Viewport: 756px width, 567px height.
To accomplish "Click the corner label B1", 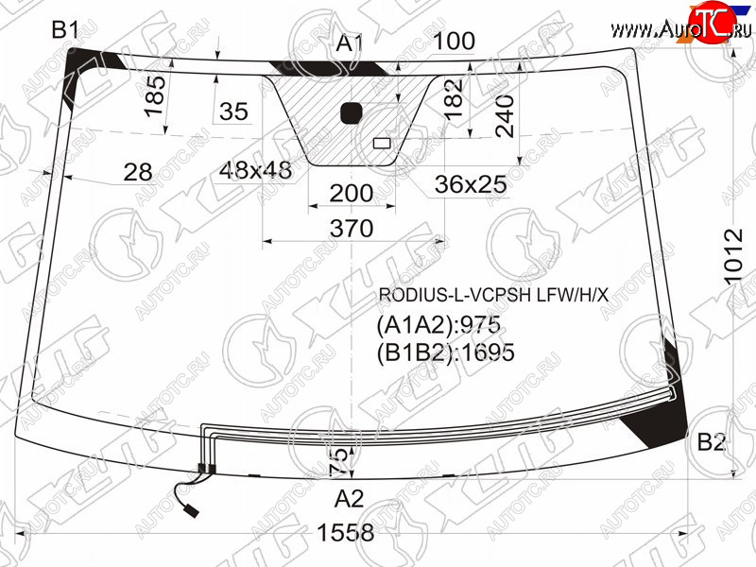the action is coord(65,30).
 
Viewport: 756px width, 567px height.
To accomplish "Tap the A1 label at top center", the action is coord(350,43).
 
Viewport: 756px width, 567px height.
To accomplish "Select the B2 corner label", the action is coord(712,441).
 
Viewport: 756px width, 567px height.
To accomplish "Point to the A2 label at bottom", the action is coord(350,499).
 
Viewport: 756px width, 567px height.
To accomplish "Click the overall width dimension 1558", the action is coord(345,533).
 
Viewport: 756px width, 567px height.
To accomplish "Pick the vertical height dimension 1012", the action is coord(734,257).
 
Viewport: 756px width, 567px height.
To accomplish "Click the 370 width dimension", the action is coord(352,228).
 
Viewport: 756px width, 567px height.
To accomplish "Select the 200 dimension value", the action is coord(352,194).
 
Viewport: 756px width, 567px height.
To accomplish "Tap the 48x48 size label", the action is coord(255,170).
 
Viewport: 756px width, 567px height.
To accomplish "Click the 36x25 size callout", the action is coord(471,184).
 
